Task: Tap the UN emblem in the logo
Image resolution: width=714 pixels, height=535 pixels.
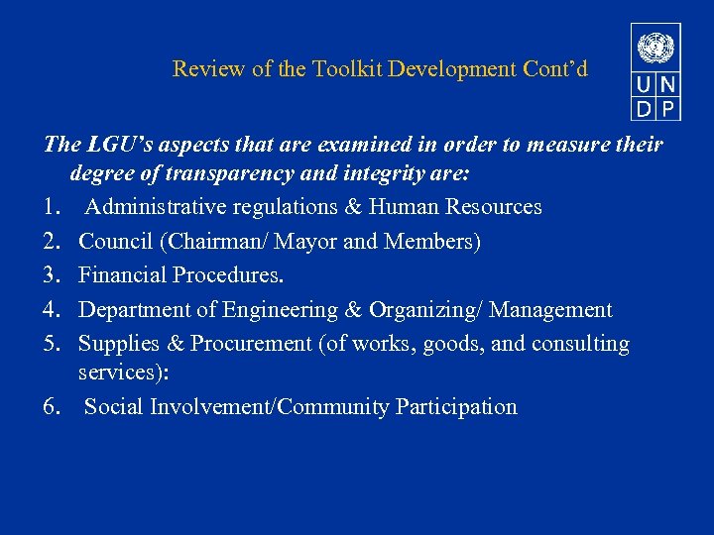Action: (654, 48)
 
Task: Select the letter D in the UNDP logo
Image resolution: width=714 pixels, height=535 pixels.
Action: (644, 106)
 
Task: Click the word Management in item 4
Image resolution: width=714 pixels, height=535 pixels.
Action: (550, 310)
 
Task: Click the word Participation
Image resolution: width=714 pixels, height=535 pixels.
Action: (456, 406)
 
